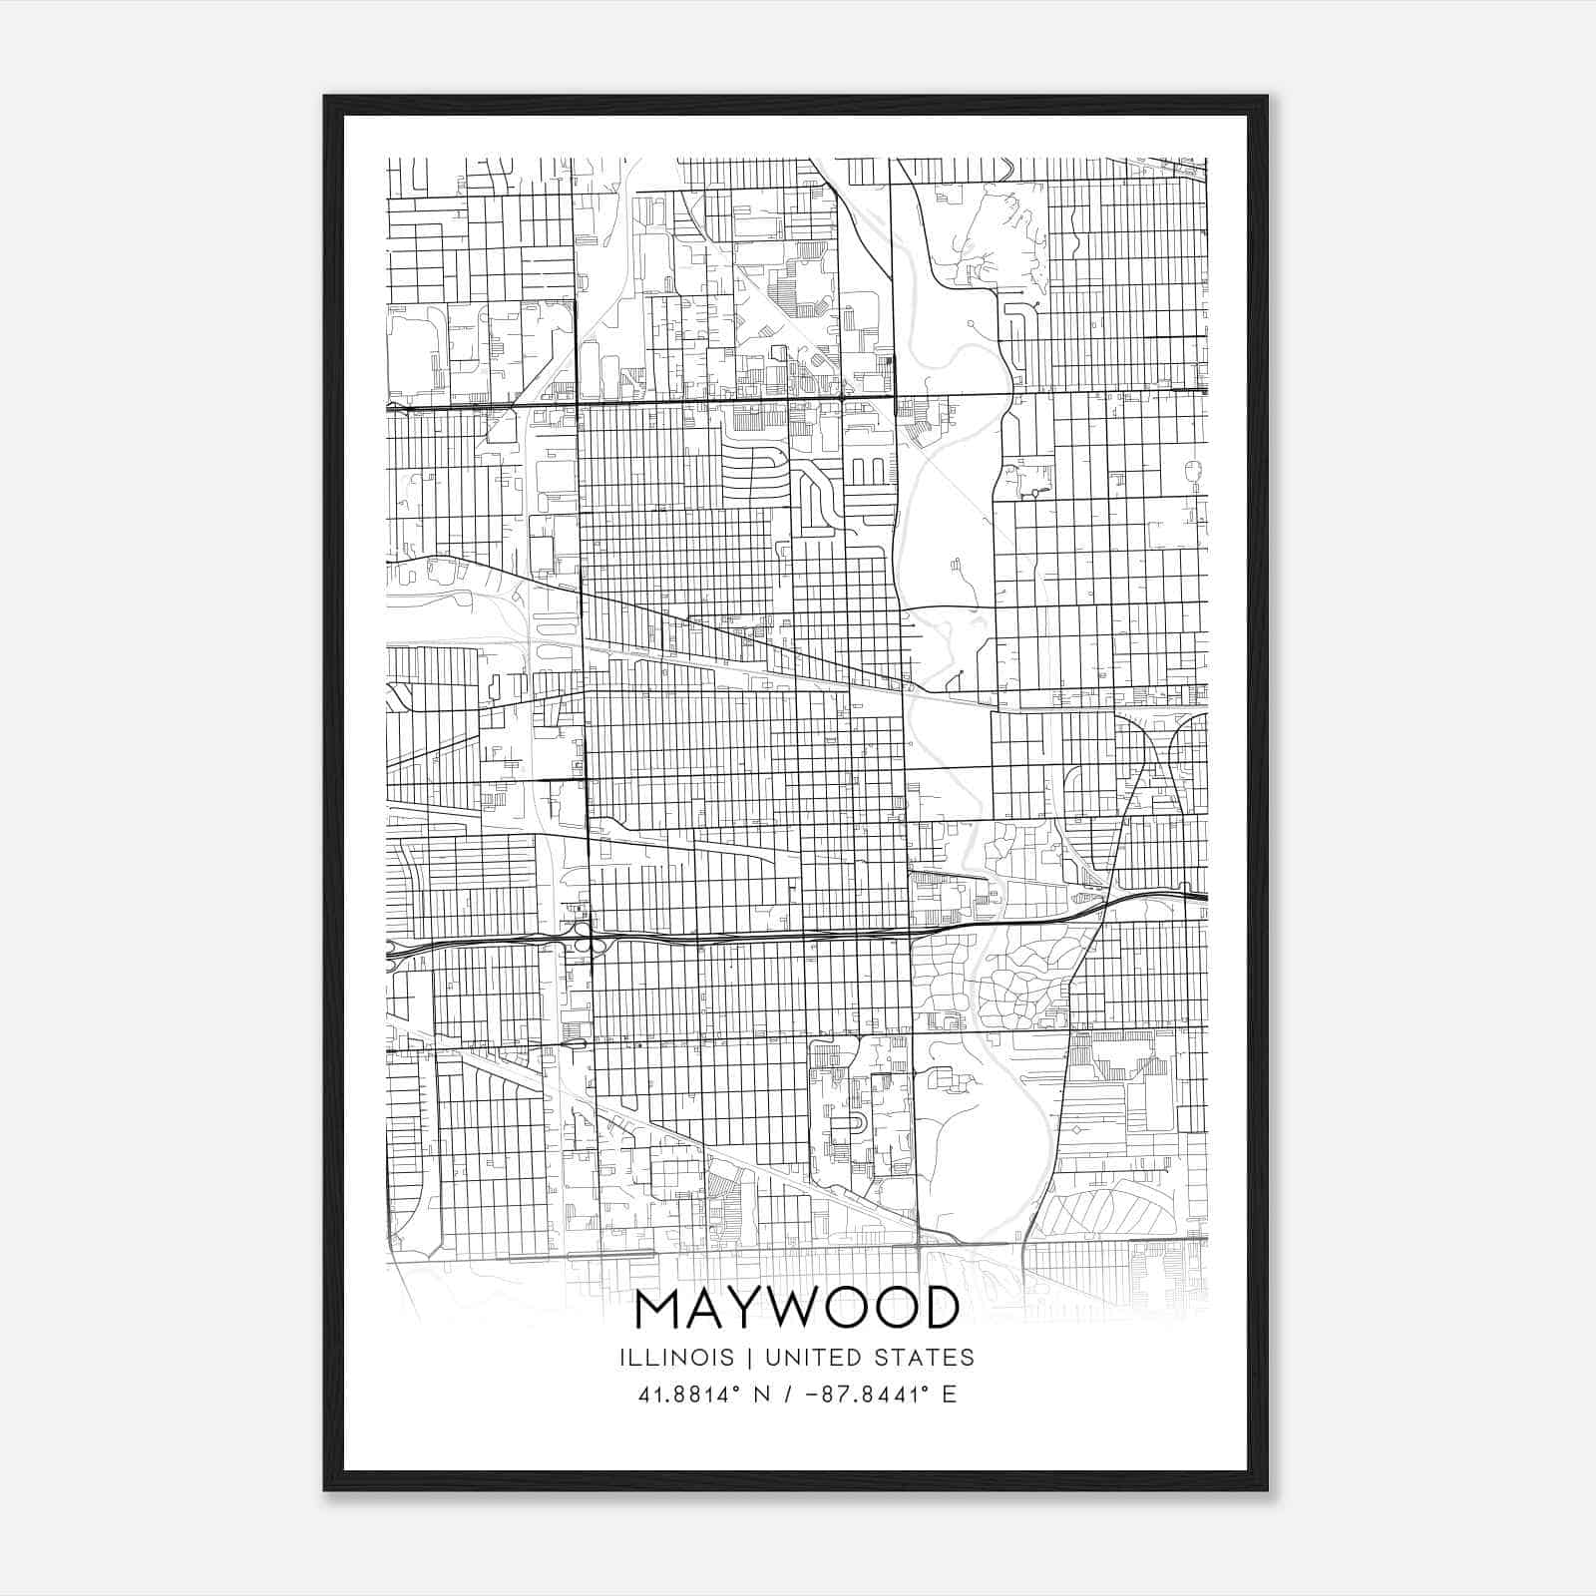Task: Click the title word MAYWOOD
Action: [x=796, y=1309]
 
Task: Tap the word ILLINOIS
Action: [x=676, y=1358]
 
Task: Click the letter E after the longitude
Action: [x=949, y=1395]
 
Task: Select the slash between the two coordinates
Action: [x=789, y=1395]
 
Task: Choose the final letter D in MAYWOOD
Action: [x=938, y=1309]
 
